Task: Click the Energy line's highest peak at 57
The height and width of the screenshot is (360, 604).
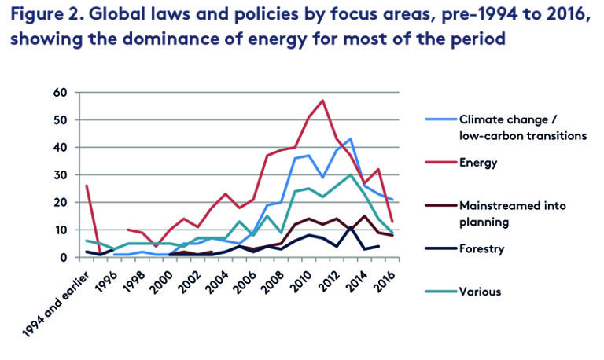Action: pyautogui.click(x=323, y=101)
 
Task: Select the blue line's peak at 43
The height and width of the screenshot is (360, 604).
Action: pyautogui.click(x=351, y=139)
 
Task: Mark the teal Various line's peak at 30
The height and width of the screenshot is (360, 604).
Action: pyautogui.click(x=351, y=174)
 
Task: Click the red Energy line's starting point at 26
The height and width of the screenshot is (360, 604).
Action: pyautogui.click(x=86, y=186)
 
